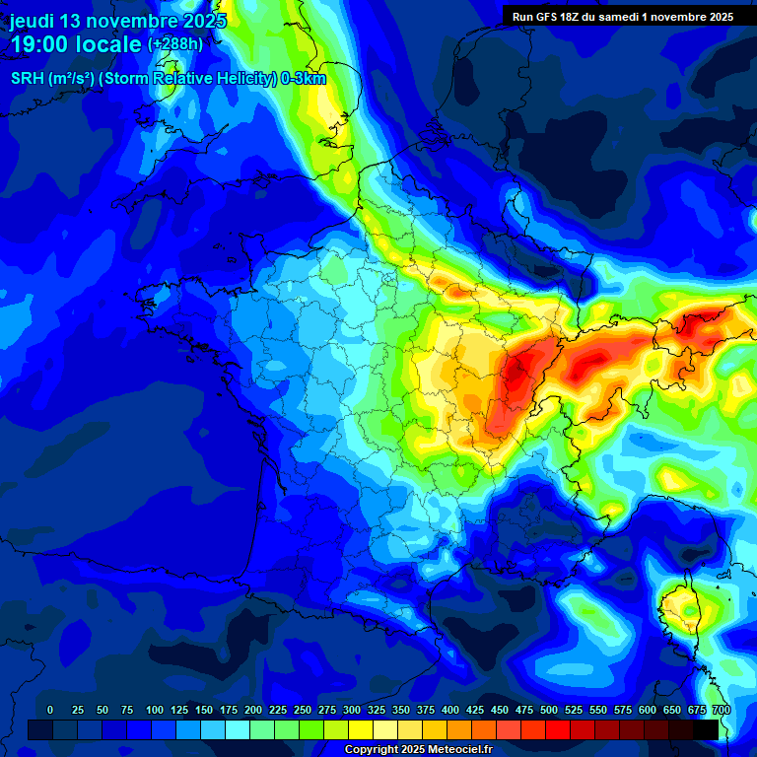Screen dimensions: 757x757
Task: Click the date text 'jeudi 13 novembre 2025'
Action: tap(118, 21)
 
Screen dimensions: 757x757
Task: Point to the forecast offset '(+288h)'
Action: tap(178, 44)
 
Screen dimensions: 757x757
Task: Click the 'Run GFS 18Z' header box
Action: tap(622, 17)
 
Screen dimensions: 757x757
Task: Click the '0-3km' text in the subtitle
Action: tap(304, 79)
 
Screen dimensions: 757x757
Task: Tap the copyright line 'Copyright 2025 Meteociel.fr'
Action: tap(418, 750)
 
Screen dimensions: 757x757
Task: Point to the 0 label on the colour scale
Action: tap(50, 710)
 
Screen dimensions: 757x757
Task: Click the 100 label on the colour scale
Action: tap(155, 710)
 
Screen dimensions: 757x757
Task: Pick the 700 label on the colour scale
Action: tap(722, 710)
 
